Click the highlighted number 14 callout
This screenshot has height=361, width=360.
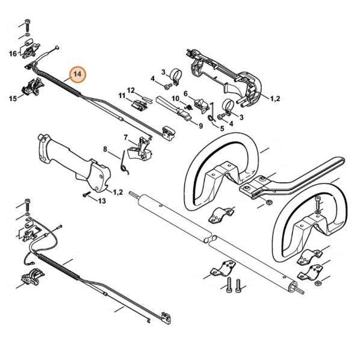click(78, 75)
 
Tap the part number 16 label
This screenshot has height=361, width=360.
click(13, 54)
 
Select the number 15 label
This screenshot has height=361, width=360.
click(13, 99)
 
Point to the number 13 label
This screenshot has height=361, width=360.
click(102, 201)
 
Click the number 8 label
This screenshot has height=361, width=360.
click(105, 149)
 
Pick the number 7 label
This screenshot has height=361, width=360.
click(126, 137)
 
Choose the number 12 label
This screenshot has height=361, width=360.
click(131, 90)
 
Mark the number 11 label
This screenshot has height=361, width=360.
click(122, 96)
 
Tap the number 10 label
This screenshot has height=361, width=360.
click(176, 99)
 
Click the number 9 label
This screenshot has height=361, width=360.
click(201, 126)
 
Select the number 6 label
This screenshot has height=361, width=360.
click(185, 94)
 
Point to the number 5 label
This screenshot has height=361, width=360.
click(222, 129)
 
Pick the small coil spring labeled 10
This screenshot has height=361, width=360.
click(188, 107)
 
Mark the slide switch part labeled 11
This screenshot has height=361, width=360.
click(139, 105)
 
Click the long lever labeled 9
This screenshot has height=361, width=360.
click(173, 108)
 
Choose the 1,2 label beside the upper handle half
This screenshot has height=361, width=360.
click(275, 99)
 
